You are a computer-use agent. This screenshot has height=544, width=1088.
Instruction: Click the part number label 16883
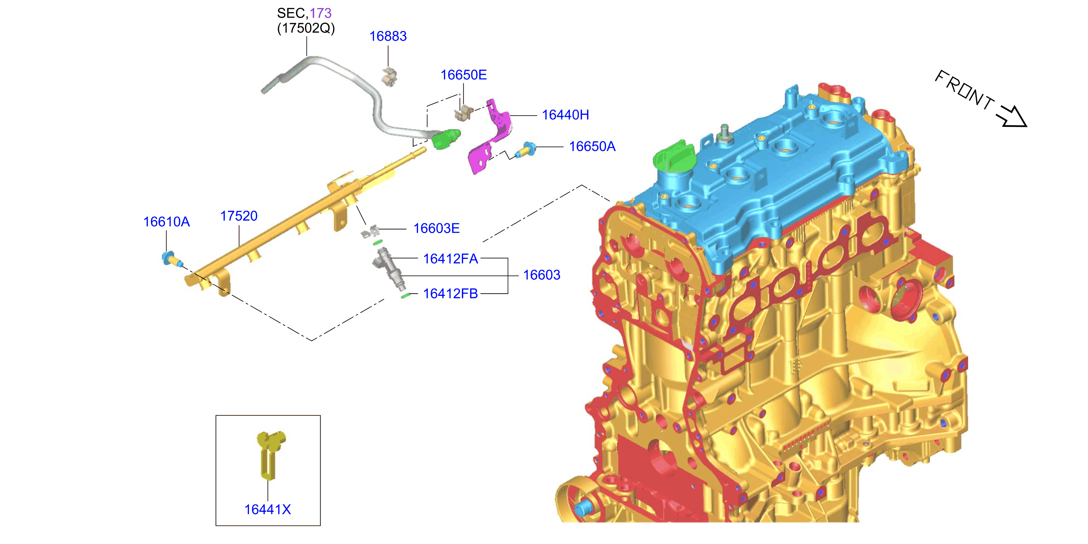[x=388, y=36]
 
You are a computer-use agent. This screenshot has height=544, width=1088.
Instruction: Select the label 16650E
[x=463, y=75]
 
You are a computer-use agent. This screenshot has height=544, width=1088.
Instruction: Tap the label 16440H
[x=565, y=115]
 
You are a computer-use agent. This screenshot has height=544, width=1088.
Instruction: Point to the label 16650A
[x=592, y=147]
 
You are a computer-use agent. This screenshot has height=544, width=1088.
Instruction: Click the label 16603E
[x=436, y=228]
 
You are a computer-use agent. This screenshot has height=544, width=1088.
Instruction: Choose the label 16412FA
[x=450, y=259]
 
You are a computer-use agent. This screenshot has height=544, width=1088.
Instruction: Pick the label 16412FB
[x=450, y=294]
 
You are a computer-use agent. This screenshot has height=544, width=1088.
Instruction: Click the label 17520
[x=239, y=216]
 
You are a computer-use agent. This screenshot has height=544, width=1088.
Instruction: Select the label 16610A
[x=166, y=222]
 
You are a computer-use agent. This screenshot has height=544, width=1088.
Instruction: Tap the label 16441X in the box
[x=268, y=510]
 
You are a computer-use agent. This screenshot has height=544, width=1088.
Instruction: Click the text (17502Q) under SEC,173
[x=306, y=28]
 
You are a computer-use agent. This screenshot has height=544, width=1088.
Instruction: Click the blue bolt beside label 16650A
[x=525, y=150]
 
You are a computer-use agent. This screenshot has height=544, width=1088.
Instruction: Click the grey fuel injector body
[x=389, y=269]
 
